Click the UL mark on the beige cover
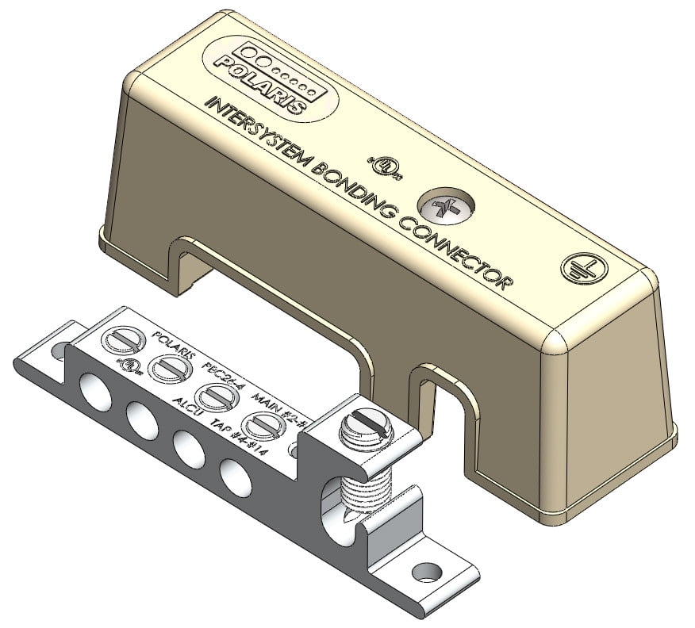pos(385,165)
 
